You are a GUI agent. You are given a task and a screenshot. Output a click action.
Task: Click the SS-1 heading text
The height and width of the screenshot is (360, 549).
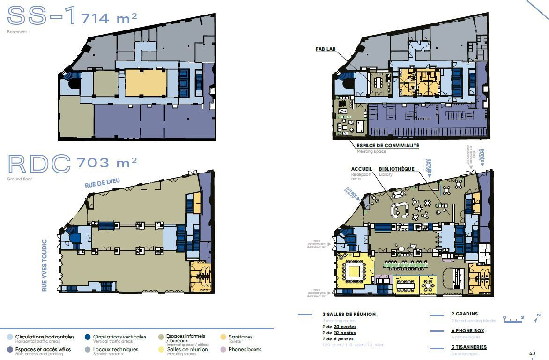(41, 16)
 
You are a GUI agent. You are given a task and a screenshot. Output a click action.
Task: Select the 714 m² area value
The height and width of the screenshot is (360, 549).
(109, 18)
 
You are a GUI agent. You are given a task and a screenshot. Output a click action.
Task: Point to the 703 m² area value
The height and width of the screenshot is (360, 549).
(106, 163)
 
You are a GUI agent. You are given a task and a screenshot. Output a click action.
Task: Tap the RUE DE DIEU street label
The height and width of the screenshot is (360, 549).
(103, 182)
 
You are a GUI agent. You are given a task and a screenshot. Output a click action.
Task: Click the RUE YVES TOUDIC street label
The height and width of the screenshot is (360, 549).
(45, 265)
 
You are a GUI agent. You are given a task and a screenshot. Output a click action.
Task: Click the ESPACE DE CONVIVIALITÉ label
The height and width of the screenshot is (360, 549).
(388, 146)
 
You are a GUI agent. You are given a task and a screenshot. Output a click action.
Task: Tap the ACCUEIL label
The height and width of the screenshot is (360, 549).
(362, 169)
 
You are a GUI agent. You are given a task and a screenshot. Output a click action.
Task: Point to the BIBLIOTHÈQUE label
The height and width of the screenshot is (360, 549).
(397, 169)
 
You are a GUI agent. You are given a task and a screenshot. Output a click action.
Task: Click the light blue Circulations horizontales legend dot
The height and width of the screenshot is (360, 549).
(10, 337)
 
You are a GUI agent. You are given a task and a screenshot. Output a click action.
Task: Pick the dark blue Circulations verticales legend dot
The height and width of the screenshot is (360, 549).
(88, 337)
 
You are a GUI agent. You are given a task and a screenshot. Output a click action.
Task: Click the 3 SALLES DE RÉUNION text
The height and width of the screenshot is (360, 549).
(349, 314)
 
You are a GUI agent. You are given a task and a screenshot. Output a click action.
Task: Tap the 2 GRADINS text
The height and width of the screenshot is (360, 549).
(465, 314)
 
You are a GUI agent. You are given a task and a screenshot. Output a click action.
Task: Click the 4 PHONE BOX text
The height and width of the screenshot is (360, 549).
(467, 330)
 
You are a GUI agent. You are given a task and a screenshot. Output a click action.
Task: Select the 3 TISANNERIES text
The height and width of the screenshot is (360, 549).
(469, 347)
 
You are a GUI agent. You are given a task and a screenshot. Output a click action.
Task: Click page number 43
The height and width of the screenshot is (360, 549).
(532, 353)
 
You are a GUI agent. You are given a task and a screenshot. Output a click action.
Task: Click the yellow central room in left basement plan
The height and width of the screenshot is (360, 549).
(146, 83)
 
